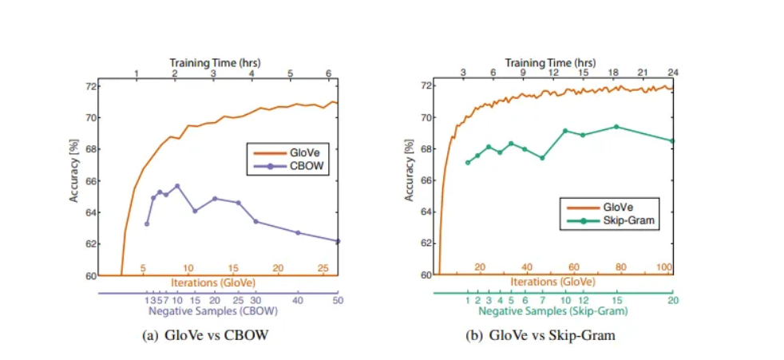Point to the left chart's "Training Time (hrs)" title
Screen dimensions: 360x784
(216, 61)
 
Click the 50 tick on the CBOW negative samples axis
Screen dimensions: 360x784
(337, 300)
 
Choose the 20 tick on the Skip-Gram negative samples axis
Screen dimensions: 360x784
(672, 300)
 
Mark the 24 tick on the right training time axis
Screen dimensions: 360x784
(672, 73)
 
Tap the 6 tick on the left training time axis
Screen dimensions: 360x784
(329, 73)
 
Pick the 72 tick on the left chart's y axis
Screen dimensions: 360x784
(90, 85)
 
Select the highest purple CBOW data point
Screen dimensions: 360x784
(177, 186)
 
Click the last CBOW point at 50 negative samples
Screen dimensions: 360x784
(337, 241)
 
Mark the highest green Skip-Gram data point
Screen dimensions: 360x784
(616, 126)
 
